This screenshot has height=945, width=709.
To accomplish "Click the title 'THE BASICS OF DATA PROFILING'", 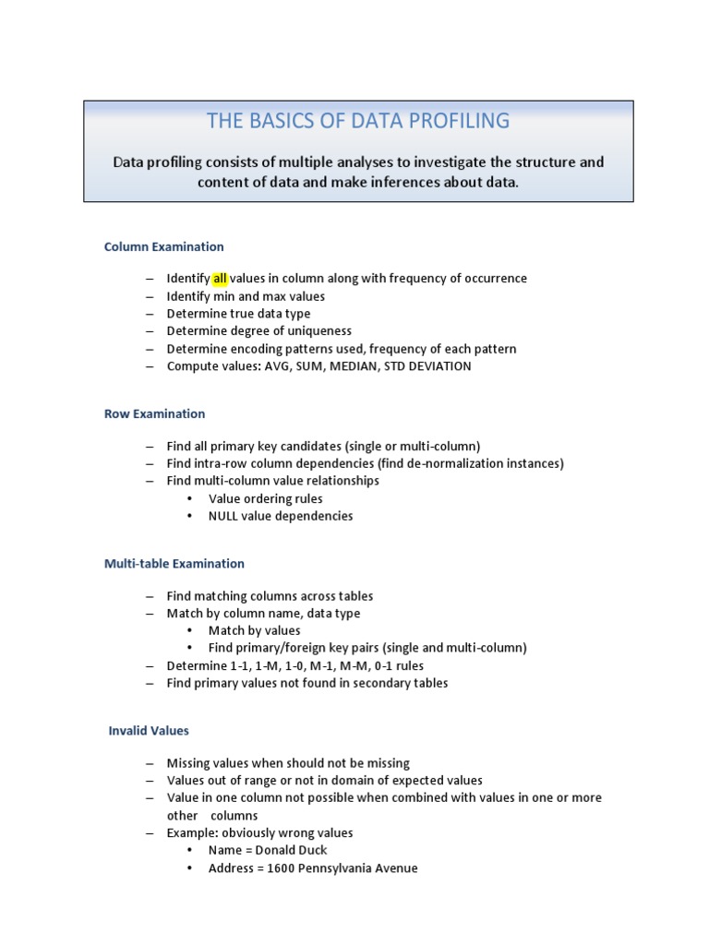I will [358, 121].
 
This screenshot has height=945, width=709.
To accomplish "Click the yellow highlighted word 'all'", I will [220, 278].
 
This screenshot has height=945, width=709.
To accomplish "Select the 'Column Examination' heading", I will [163, 246].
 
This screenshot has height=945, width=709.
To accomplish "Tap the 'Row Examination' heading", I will [154, 413].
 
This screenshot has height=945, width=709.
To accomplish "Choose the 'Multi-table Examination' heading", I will [174, 563].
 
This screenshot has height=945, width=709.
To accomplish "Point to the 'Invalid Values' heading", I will [149, 730].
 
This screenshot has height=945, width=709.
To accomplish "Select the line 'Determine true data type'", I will [238, 313].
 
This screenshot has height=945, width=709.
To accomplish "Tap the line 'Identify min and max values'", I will [246, 296].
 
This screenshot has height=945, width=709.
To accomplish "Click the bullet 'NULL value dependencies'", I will [281, 516].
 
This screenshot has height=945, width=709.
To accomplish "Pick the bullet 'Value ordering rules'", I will [265, 498].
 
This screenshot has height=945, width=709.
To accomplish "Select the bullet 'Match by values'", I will [254, 630].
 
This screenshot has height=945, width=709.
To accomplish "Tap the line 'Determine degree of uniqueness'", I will [258, 330].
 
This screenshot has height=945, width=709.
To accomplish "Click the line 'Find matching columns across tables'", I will [270, 596].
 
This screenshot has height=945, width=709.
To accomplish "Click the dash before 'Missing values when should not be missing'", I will [150, 763].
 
